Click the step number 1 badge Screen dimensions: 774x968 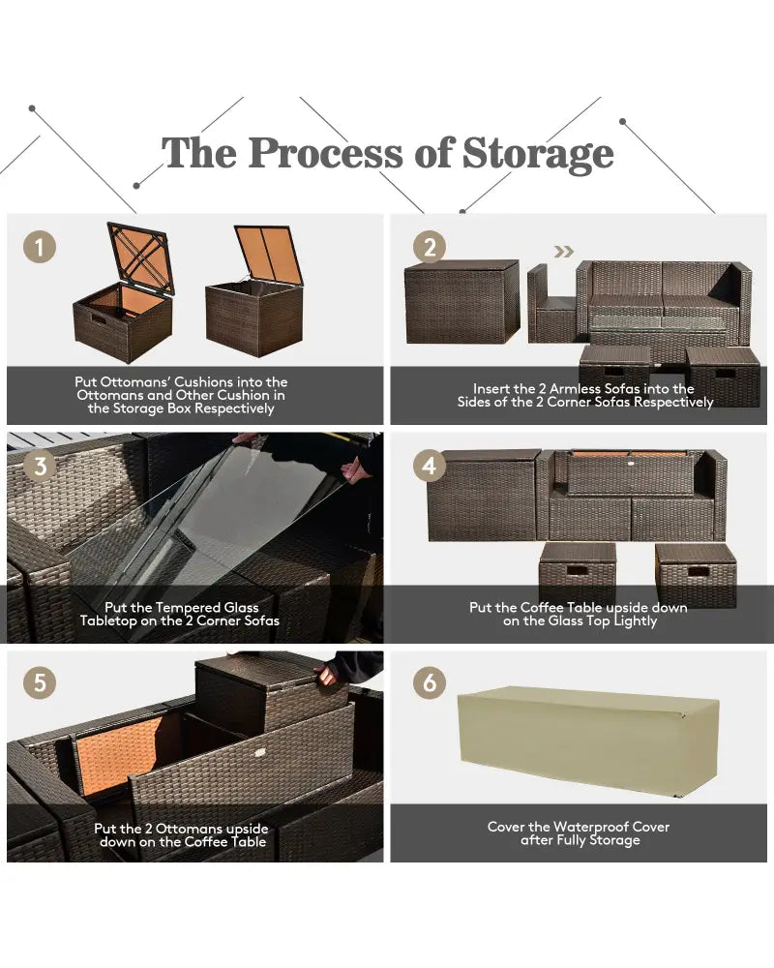pos(40,247)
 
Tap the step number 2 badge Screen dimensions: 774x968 pos(430,247)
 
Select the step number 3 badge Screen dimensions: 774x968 pos(40,466)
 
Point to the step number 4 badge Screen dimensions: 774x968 pos(430,466)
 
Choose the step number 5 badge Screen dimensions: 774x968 pos(40,682)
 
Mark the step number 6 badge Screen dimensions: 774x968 pos(430,682)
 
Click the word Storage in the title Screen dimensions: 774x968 pos(538,154)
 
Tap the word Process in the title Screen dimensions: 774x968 pos(325,153)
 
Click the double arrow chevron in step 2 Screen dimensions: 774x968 pos(563,252)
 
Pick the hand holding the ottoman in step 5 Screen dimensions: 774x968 pos(326,675)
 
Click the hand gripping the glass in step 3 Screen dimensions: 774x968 pos(354,469)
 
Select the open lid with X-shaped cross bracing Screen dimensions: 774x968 pos(140,257)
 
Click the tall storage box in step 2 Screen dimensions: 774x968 pos(461,301)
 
